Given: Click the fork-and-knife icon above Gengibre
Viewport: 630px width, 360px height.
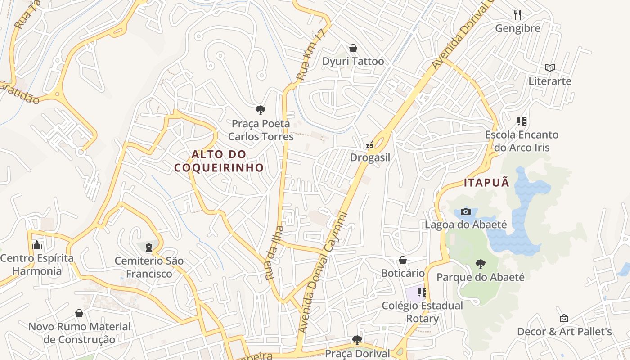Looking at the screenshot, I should coord(517,15).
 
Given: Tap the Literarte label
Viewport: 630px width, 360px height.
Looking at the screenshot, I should coord(550,81).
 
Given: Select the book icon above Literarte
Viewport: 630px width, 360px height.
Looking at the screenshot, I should coord(549,68).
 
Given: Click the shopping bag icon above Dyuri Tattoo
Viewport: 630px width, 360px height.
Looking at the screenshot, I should coord(353,48).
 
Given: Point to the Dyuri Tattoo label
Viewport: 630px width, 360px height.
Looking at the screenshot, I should coord(353,61).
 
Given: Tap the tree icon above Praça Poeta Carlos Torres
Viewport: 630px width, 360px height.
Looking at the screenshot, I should coord(260,110).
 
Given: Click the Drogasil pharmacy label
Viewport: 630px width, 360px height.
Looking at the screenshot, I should coord(370,158).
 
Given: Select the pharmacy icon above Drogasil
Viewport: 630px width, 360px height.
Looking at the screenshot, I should coord(370,145).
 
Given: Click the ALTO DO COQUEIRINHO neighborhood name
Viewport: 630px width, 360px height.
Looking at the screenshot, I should coord(219,161).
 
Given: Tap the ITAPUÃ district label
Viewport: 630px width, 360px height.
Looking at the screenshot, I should coord(487,183).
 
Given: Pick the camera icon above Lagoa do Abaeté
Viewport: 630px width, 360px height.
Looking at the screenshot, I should coord(466,211).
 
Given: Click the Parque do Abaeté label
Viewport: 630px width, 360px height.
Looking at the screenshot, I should coord(481,277).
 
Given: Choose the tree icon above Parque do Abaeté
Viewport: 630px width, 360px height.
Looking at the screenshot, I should coord(481,264).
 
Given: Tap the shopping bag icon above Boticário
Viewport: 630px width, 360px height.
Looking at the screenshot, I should coord(403,260).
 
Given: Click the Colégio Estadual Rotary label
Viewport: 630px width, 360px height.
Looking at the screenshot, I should coord(422,312).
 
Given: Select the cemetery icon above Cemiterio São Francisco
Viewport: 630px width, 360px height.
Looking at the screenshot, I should coord(149,247).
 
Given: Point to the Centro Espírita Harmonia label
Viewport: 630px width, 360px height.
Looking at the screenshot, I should coord(37,265).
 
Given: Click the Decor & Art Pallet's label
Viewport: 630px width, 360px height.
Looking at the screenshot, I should coord(564,332).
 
